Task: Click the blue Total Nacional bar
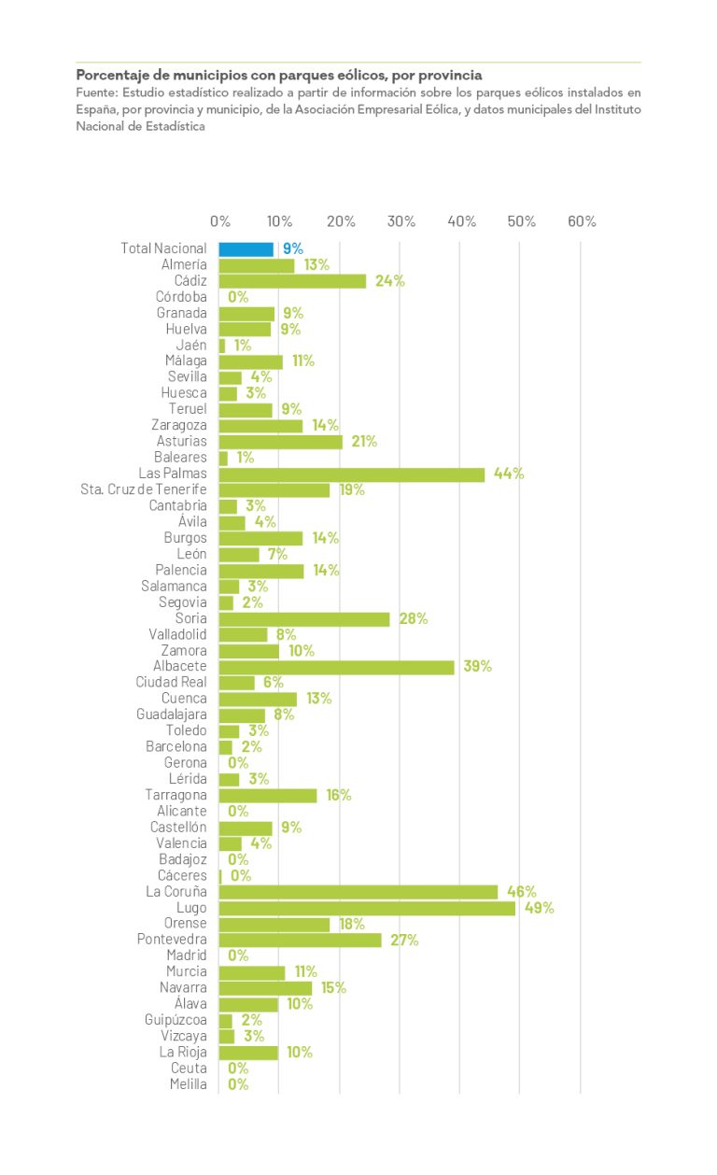246,249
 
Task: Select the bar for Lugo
367,908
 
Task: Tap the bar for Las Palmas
352,474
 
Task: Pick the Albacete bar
336,667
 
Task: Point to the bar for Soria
304,618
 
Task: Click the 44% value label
509,474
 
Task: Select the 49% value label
539,908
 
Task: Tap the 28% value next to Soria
414,618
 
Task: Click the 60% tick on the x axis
582,221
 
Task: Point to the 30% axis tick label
401,221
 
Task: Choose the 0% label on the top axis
220,221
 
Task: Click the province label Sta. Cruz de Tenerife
144,489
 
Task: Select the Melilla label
189,1084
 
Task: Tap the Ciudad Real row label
171,683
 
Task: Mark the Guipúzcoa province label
176,1020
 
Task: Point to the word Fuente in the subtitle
96,92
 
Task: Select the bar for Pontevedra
300,940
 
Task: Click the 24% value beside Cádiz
389,281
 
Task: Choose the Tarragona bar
268,795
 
